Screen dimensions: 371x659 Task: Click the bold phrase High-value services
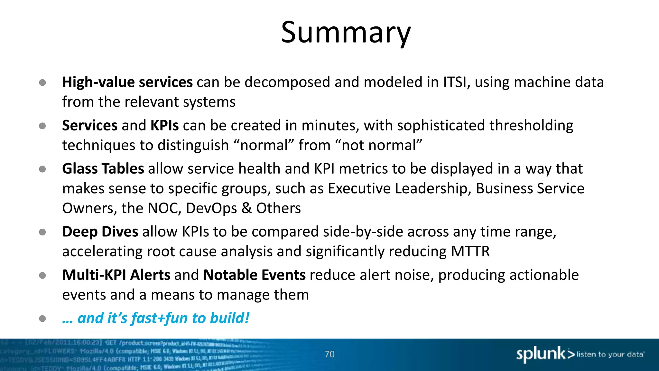coord(127,82)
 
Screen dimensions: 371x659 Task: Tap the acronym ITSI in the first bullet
coord(455,82)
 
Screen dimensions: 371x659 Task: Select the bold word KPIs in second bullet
coord(164,125)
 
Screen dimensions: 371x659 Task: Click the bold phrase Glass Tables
coord(103,169)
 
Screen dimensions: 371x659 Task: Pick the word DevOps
coord(211,208)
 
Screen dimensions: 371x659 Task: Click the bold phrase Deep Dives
coord(100,232)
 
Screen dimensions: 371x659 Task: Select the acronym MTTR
coord(470,252)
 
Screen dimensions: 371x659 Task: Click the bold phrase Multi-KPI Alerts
coord(116,275)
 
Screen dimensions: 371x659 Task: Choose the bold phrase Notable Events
coord(254,275)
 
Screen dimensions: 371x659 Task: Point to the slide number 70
coord(329,354)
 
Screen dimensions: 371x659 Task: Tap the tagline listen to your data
coord(610,355)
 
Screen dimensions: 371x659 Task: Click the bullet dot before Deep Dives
coord(42,232)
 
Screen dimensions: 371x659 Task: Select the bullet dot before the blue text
coord(42,319)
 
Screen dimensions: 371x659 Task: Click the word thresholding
coord(531,125)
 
